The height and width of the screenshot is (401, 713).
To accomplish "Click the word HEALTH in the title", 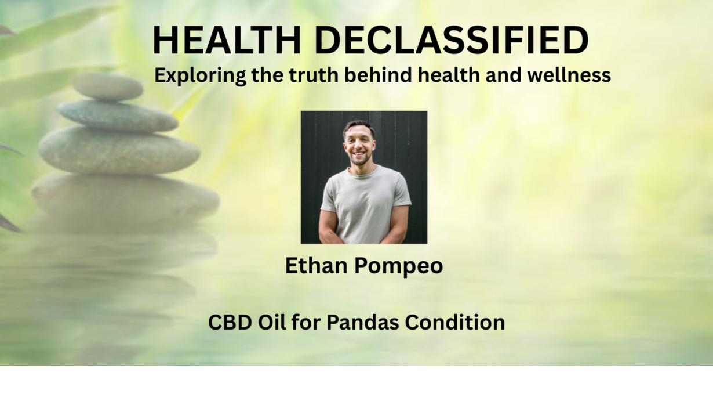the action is click(x=227, y=40).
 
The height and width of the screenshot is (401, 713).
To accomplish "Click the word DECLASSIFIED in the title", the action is click(x=452, y=40).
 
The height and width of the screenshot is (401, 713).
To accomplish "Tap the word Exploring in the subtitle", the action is click(x=200, y=76).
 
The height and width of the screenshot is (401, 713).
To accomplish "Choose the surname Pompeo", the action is click(x=398, y=267).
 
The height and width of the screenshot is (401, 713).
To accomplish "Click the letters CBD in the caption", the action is click(x=230, y=322).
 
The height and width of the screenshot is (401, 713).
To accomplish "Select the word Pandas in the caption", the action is click(x=362, y=322).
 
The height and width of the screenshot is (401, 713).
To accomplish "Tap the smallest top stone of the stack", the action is click(x=108, y=86).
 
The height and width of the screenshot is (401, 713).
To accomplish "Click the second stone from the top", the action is click(x=118, y=115).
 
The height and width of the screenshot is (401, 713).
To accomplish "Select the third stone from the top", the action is click(x=119, y=150).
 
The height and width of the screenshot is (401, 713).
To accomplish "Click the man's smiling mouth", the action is click(x=359, y=154).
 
